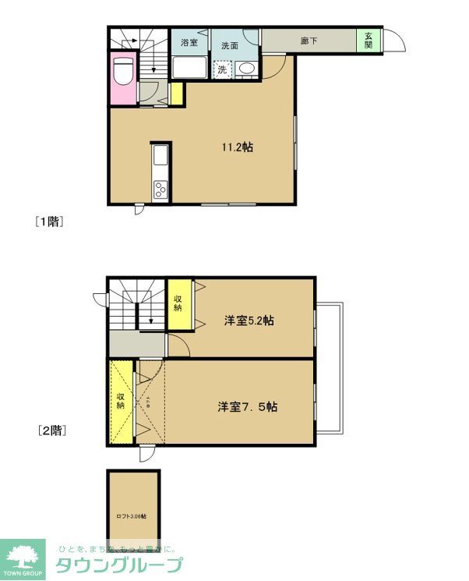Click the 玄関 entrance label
[x=368, y=41]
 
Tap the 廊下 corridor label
[x=309, y=41]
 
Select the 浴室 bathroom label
[x=189, y=44]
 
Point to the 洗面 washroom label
[x=229, y=45]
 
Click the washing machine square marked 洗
[x=222, y=69]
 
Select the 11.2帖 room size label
[x=237, y=146]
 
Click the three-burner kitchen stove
[x=160, y=188]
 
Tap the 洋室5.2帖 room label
[x=249, y=321]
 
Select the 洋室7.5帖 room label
[x=248, y=406]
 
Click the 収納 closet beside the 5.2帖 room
[x=178, y=303]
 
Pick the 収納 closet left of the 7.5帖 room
[x=121, y=402]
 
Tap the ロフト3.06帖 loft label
[x=132, y=515]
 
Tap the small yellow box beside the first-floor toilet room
[x=176, y=93]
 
